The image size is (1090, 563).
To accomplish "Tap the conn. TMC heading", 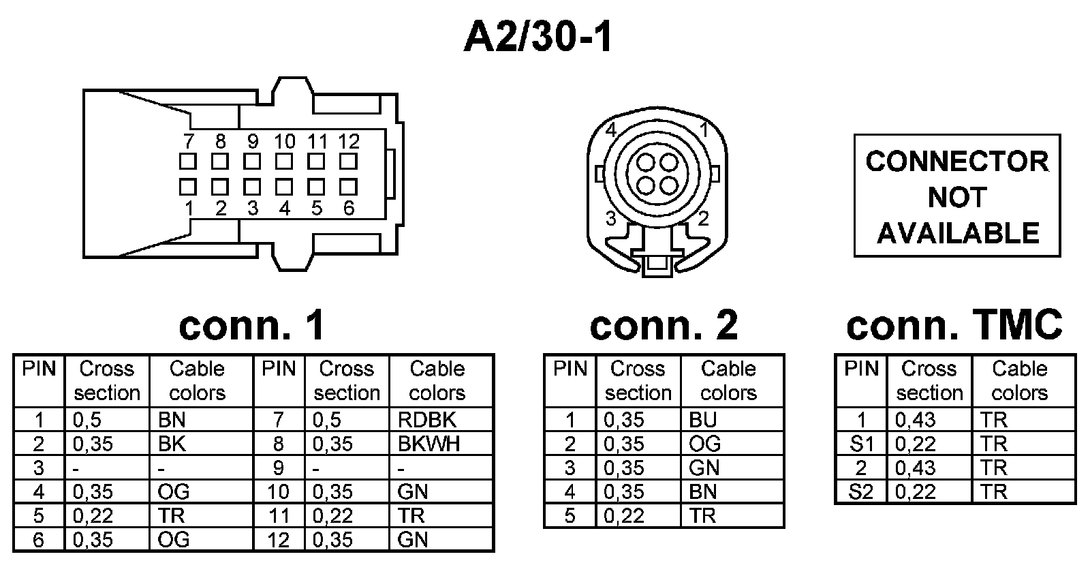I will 954,325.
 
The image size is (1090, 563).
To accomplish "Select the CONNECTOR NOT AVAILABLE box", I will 957,196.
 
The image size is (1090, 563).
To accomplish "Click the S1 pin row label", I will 861,444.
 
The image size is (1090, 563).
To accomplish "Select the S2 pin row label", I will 861,491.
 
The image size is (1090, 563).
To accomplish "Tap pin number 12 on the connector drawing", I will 348,141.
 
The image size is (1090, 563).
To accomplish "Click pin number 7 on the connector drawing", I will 189,141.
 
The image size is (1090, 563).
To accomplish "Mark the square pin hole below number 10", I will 284,162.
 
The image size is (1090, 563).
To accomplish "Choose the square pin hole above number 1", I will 188,186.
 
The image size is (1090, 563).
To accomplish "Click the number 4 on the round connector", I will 610,130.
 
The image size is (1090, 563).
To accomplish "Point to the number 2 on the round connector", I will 704,218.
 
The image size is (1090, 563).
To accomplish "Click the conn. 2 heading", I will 664,325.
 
